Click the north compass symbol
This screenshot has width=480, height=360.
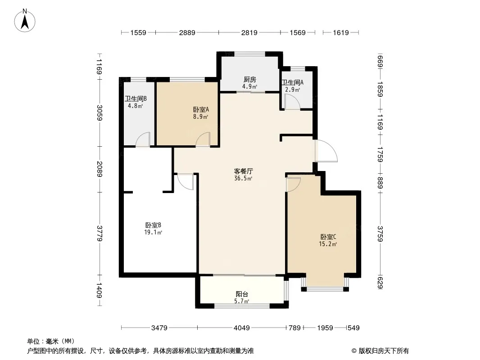[25, 20]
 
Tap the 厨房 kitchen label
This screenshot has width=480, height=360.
[250, 80]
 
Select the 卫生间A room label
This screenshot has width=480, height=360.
[292, 83]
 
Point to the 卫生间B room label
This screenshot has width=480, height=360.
[136, 99]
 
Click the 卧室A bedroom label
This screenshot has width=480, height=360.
[201, 109]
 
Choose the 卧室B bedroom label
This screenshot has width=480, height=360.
[153, 225]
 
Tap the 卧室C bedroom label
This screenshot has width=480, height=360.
[328, 237]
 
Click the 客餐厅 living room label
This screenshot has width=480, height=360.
[243, 171]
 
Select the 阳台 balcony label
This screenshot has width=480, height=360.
[242, 294]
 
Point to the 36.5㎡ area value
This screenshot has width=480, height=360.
[243, 178]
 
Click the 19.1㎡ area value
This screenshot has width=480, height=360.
[153, 232]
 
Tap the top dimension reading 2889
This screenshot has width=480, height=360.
[187, 32]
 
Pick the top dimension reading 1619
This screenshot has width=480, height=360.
[341, 32]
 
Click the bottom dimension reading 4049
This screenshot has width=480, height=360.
[241, 328]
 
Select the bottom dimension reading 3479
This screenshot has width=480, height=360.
[159, 328]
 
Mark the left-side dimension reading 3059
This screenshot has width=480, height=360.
[99, 112]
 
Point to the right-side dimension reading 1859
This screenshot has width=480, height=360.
[380, 89]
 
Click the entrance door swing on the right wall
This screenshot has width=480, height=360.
[326, 151]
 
